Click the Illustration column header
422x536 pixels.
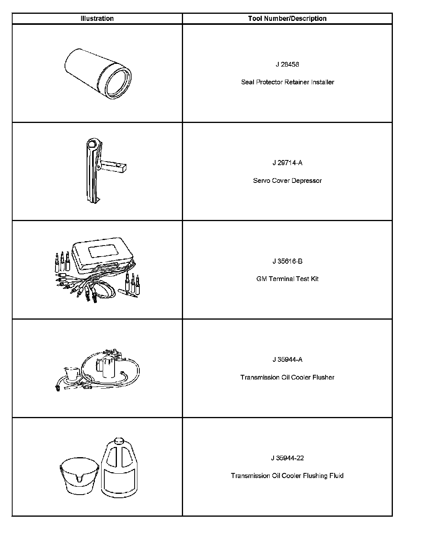click(97, 19)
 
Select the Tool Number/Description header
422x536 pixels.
click(287, 19)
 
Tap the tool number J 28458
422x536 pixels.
click(287, 64)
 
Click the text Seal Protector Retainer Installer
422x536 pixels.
click(287, 82)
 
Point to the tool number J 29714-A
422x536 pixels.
click(287, 163)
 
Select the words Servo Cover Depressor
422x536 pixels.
click(287, 181)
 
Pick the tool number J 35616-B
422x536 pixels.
click(287, 261)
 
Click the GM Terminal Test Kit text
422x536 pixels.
click(287, 279)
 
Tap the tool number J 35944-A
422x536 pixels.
click(287, 359)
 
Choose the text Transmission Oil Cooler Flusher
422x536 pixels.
click(287, 377)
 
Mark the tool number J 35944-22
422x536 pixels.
click(287, 458)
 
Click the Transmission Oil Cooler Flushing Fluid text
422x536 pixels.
click(287, 476)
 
